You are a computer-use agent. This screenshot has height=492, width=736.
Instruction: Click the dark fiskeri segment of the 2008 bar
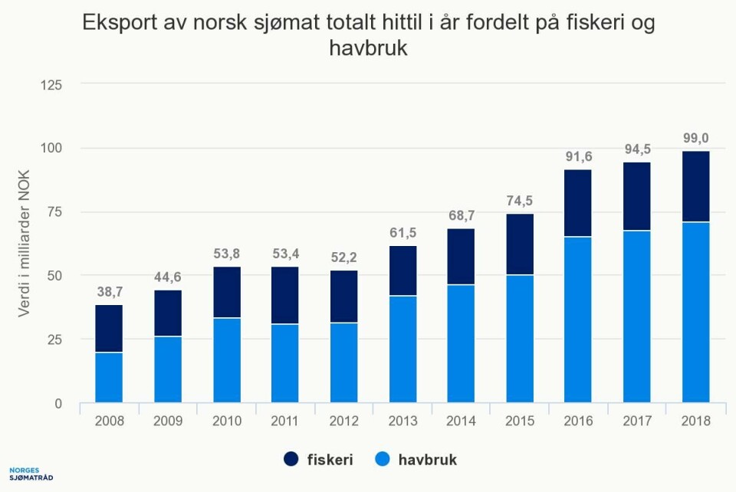point(109,328)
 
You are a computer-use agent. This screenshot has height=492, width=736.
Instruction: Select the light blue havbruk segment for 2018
point(695,312)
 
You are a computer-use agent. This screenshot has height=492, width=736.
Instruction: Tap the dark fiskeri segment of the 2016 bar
point(578,203)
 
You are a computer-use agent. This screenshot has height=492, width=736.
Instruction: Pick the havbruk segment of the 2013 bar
point(402,349)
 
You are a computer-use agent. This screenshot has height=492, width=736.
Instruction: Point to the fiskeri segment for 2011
point(285,295)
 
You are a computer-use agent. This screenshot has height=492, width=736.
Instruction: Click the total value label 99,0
point(695,139)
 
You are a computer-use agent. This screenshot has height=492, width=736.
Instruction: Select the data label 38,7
point(109,292)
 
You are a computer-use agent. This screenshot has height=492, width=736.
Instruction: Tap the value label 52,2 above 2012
point(343,257)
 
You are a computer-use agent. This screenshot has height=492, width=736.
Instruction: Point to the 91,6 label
point(578,156)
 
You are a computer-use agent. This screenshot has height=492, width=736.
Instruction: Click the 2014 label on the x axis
point(461,421)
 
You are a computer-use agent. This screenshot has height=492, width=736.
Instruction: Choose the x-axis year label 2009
point(168,421)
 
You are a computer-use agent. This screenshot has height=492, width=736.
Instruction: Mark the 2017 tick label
point(637,421)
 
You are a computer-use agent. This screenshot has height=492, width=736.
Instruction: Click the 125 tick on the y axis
point(51,84)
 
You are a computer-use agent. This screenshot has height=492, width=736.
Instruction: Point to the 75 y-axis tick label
point(55,212)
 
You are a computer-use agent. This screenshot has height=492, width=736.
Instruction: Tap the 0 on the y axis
point(58,404)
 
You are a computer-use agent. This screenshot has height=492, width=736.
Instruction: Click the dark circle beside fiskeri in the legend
point(291,460)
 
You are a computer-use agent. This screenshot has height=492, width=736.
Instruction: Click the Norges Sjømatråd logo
point(31,474)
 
